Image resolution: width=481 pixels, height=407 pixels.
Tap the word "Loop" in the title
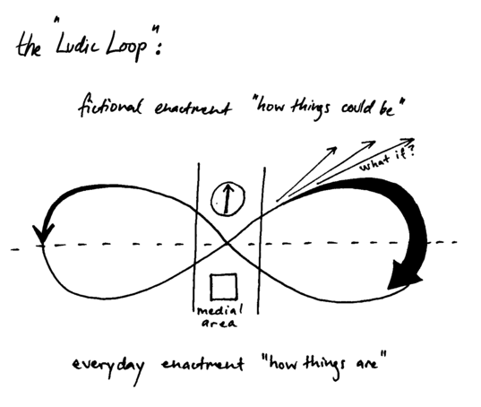[x=126, y=47]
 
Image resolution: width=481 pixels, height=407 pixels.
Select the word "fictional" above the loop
[x=110, y=105]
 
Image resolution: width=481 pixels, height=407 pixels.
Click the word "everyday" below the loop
[x=108, y=368]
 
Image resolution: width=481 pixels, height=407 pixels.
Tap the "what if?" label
[x=388, y=159]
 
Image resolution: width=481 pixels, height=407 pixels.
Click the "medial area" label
[x=219, y=316]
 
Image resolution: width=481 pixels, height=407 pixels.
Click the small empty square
[x=224, y=287]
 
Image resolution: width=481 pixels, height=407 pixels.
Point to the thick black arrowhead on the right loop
[x=403, y=275]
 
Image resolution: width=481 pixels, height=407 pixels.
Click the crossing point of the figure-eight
[x=228, y=243]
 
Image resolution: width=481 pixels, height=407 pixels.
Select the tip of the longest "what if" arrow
[x=414, y=139]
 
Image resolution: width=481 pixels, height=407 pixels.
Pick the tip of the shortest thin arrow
[x=337, y=148]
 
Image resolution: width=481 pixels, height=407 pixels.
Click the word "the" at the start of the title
[x=29, y=47]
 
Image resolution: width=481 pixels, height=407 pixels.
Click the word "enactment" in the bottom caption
[x=202, y=364]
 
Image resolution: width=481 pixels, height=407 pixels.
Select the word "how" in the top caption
[x=271, y=107]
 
